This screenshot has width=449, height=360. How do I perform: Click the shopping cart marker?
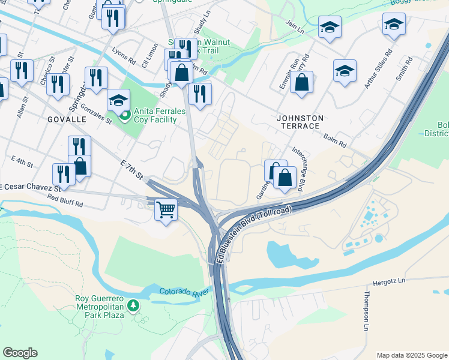click(x=166, y=210)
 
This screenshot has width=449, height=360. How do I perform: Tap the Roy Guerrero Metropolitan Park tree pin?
click(x=133, y=306)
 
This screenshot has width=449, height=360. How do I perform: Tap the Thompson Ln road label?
click(x=366, y=311)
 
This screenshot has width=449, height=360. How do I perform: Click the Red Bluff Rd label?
click(x=65, y=201)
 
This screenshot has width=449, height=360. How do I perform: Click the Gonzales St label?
click(x=97, y=112)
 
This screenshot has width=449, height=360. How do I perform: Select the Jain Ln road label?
click(x=295, y=27)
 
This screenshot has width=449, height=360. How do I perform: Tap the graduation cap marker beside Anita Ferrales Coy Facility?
click(x=118, y=100)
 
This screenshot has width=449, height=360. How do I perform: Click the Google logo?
click(x=20, y=353)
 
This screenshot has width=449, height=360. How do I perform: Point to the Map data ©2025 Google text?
click(x=411, y=355)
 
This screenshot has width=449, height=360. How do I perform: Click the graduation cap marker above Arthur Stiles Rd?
click(x=393, y=25)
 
